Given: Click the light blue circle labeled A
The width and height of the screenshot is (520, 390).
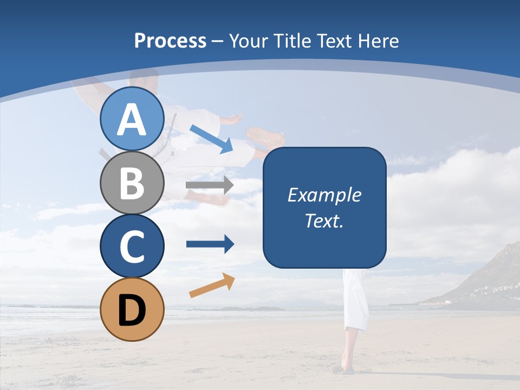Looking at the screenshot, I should [x=132, y=119].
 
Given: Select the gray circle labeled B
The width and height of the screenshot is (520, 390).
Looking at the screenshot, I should [x=132, y=183].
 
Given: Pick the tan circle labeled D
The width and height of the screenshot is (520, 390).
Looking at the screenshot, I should [x=132, y=309].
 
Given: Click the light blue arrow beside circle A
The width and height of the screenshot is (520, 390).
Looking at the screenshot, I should [x=211, y=138].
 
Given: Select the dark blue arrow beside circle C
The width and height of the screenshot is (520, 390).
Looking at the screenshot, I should [x=210, y=244].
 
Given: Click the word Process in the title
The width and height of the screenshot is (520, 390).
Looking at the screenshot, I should [x=170, y=41].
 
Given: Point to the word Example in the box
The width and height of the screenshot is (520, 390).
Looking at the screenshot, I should [x=324, y=195].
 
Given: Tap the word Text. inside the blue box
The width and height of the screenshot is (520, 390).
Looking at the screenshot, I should [x=324, y=221].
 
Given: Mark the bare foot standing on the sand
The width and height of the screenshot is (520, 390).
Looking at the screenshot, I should [x=343, y=368].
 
